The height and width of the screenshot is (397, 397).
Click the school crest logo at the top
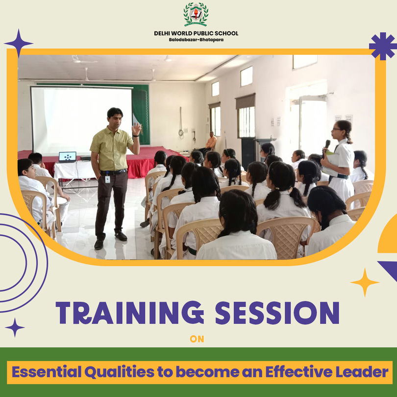196,14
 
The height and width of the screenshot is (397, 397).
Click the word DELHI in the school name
162,33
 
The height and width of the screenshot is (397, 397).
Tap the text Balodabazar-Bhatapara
196,40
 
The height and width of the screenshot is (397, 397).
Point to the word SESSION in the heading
277,313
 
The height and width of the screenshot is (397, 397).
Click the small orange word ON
197,339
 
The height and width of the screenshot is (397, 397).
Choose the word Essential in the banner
47,372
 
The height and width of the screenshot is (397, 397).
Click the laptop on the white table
67,157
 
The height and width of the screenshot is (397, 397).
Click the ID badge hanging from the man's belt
108,178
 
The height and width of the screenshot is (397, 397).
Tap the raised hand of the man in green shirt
136,128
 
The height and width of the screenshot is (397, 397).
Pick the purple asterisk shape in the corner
383,46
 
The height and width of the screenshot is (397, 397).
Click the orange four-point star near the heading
365,282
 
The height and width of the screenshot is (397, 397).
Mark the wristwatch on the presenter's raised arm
136,136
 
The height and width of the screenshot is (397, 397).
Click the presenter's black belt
114,172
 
